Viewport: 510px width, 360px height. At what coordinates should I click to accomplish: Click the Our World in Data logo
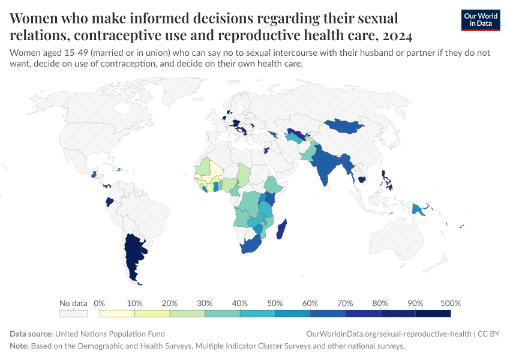480,19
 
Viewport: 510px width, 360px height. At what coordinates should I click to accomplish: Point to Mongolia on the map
346,125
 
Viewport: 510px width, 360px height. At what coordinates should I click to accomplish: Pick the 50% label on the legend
275,303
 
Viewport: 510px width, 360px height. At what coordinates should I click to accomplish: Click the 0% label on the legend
100,303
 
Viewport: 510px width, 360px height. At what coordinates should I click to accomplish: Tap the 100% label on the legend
450,303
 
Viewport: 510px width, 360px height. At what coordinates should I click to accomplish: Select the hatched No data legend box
73,313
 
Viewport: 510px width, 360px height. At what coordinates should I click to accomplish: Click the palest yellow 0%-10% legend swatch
117,313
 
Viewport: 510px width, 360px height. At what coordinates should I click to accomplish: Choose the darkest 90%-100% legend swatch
433,313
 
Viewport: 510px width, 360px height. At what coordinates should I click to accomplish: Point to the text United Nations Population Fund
110,334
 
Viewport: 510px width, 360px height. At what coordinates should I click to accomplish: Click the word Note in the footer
19,346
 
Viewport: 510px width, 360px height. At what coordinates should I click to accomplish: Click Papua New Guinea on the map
418,208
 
